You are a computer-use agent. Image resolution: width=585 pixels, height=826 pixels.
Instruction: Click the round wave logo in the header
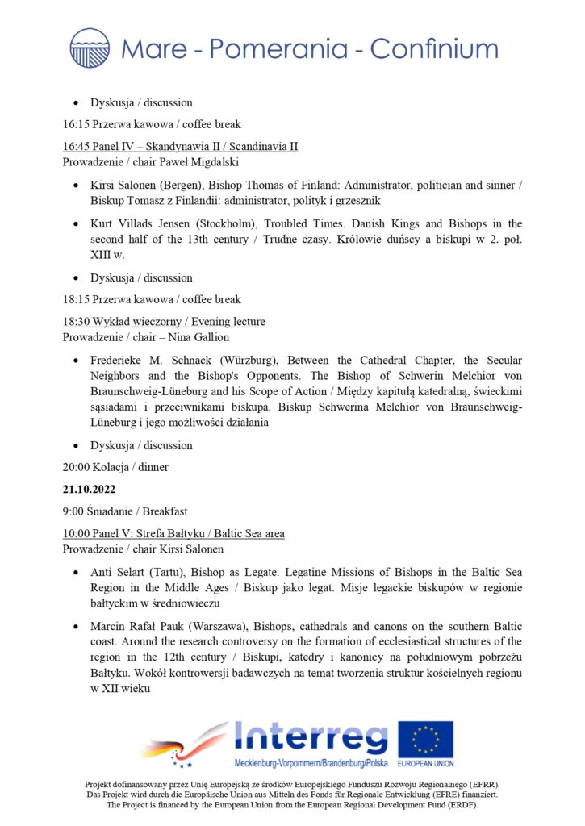(x=90, y=48)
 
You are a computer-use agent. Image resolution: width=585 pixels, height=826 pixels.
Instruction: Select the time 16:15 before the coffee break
(x=77, y=124)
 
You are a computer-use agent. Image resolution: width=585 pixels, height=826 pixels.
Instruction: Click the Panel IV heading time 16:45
(x=77, y=147)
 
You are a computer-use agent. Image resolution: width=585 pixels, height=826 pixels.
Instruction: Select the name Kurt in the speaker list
(x=102, y=223)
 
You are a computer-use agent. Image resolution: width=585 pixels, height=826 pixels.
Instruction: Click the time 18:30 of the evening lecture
(x=77, y=322)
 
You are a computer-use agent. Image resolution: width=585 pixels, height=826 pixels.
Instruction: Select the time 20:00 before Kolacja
(x=77, y=467)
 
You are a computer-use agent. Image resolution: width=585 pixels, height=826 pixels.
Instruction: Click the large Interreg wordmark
(x=311, y=736)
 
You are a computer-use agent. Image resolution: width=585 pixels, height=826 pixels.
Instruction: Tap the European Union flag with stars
(x=425, y=740)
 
